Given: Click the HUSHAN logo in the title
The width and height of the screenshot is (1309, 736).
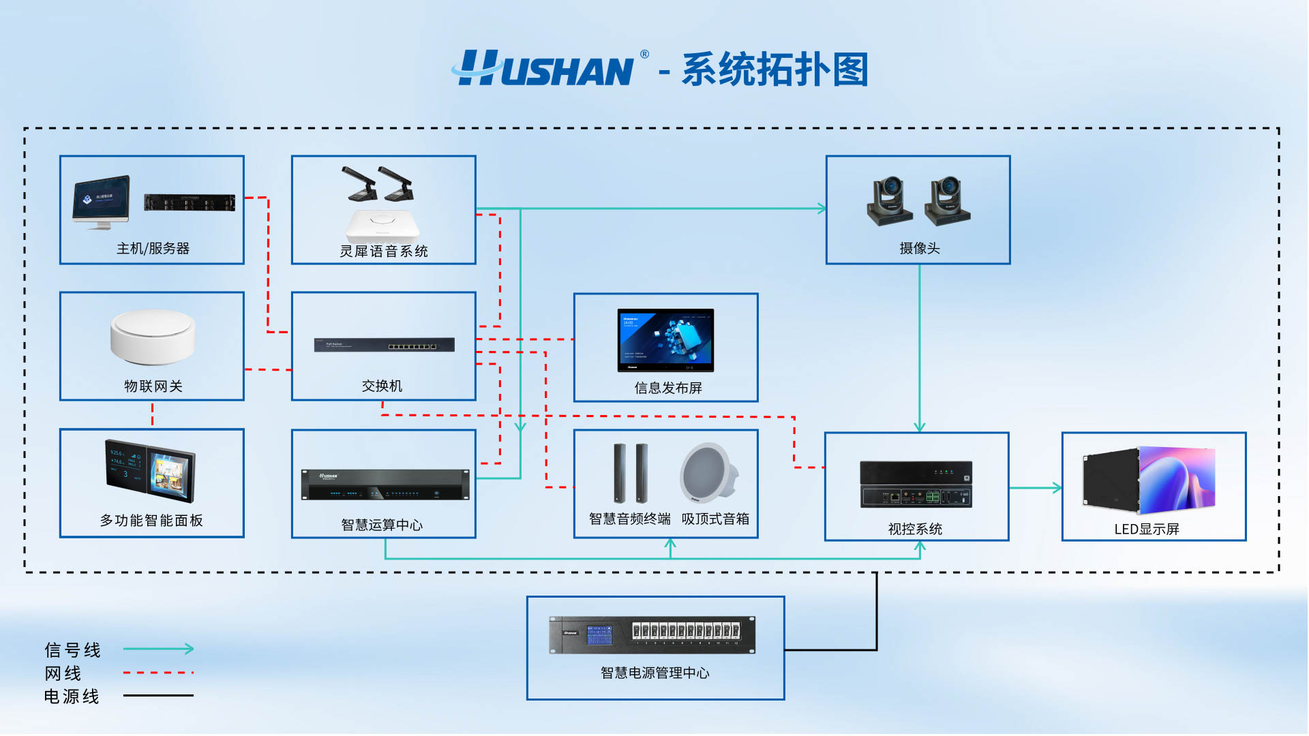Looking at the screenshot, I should (545, 69).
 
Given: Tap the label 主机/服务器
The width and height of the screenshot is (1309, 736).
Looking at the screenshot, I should (153, 249).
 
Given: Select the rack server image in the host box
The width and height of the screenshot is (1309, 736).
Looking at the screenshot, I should (190, 202).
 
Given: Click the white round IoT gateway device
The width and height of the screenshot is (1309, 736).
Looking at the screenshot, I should (153, 336).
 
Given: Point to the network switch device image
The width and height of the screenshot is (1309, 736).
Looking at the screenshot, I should (384, 345).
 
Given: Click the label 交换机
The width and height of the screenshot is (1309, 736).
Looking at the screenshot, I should (382, 386).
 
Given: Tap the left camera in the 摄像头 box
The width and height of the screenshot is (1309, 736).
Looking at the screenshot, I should (890, 201).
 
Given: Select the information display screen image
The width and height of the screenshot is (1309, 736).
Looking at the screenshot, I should (665, 340).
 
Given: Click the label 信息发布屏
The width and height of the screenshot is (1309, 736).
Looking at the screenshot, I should (668, 388).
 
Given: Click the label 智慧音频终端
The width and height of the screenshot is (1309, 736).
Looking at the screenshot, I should (629, 519).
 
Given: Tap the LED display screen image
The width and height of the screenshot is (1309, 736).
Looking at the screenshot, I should (1149, 480).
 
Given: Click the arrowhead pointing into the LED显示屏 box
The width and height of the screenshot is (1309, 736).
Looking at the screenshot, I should (1057, 488).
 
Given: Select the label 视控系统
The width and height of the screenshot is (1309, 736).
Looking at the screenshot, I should (915, 530).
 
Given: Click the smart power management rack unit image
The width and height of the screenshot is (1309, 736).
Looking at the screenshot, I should (652, 634).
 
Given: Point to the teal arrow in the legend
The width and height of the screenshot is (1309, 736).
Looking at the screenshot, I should (158, 649).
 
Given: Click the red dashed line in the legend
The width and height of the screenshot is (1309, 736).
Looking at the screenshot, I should (158, 673).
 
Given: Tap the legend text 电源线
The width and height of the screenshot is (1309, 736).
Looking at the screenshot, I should (72, 696).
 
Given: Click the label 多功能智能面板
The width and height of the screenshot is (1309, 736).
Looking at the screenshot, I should (151, 521).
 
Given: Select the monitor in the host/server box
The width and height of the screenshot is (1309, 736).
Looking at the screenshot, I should (101, 201).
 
